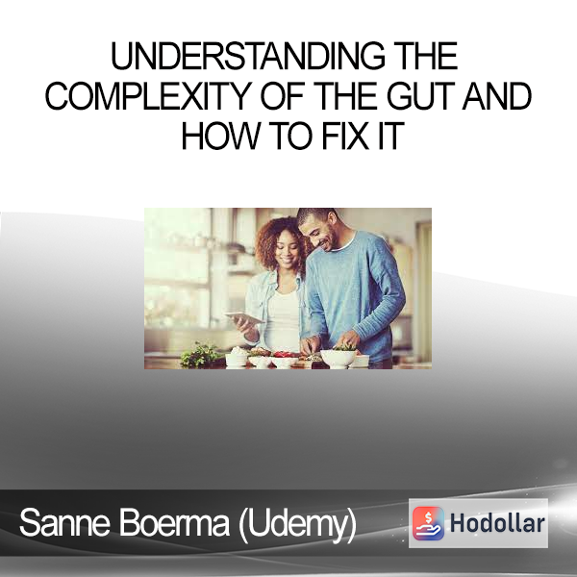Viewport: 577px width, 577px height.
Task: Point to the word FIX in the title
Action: tap(345, 137)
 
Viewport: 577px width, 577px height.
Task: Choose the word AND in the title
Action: tap(497, 96)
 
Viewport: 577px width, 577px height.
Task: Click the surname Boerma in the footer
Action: tap(174, 522)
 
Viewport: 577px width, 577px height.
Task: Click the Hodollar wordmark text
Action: tap(497, 523)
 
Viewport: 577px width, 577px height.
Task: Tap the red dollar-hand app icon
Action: tap(428, 523)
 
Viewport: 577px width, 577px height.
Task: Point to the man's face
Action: tap(319, 233)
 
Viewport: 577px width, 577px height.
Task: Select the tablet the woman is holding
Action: tap(243, 317)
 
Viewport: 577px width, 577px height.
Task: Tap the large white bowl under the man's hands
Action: tap(339, 358)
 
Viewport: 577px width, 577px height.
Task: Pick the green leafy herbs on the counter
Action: tap(201, 355)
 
